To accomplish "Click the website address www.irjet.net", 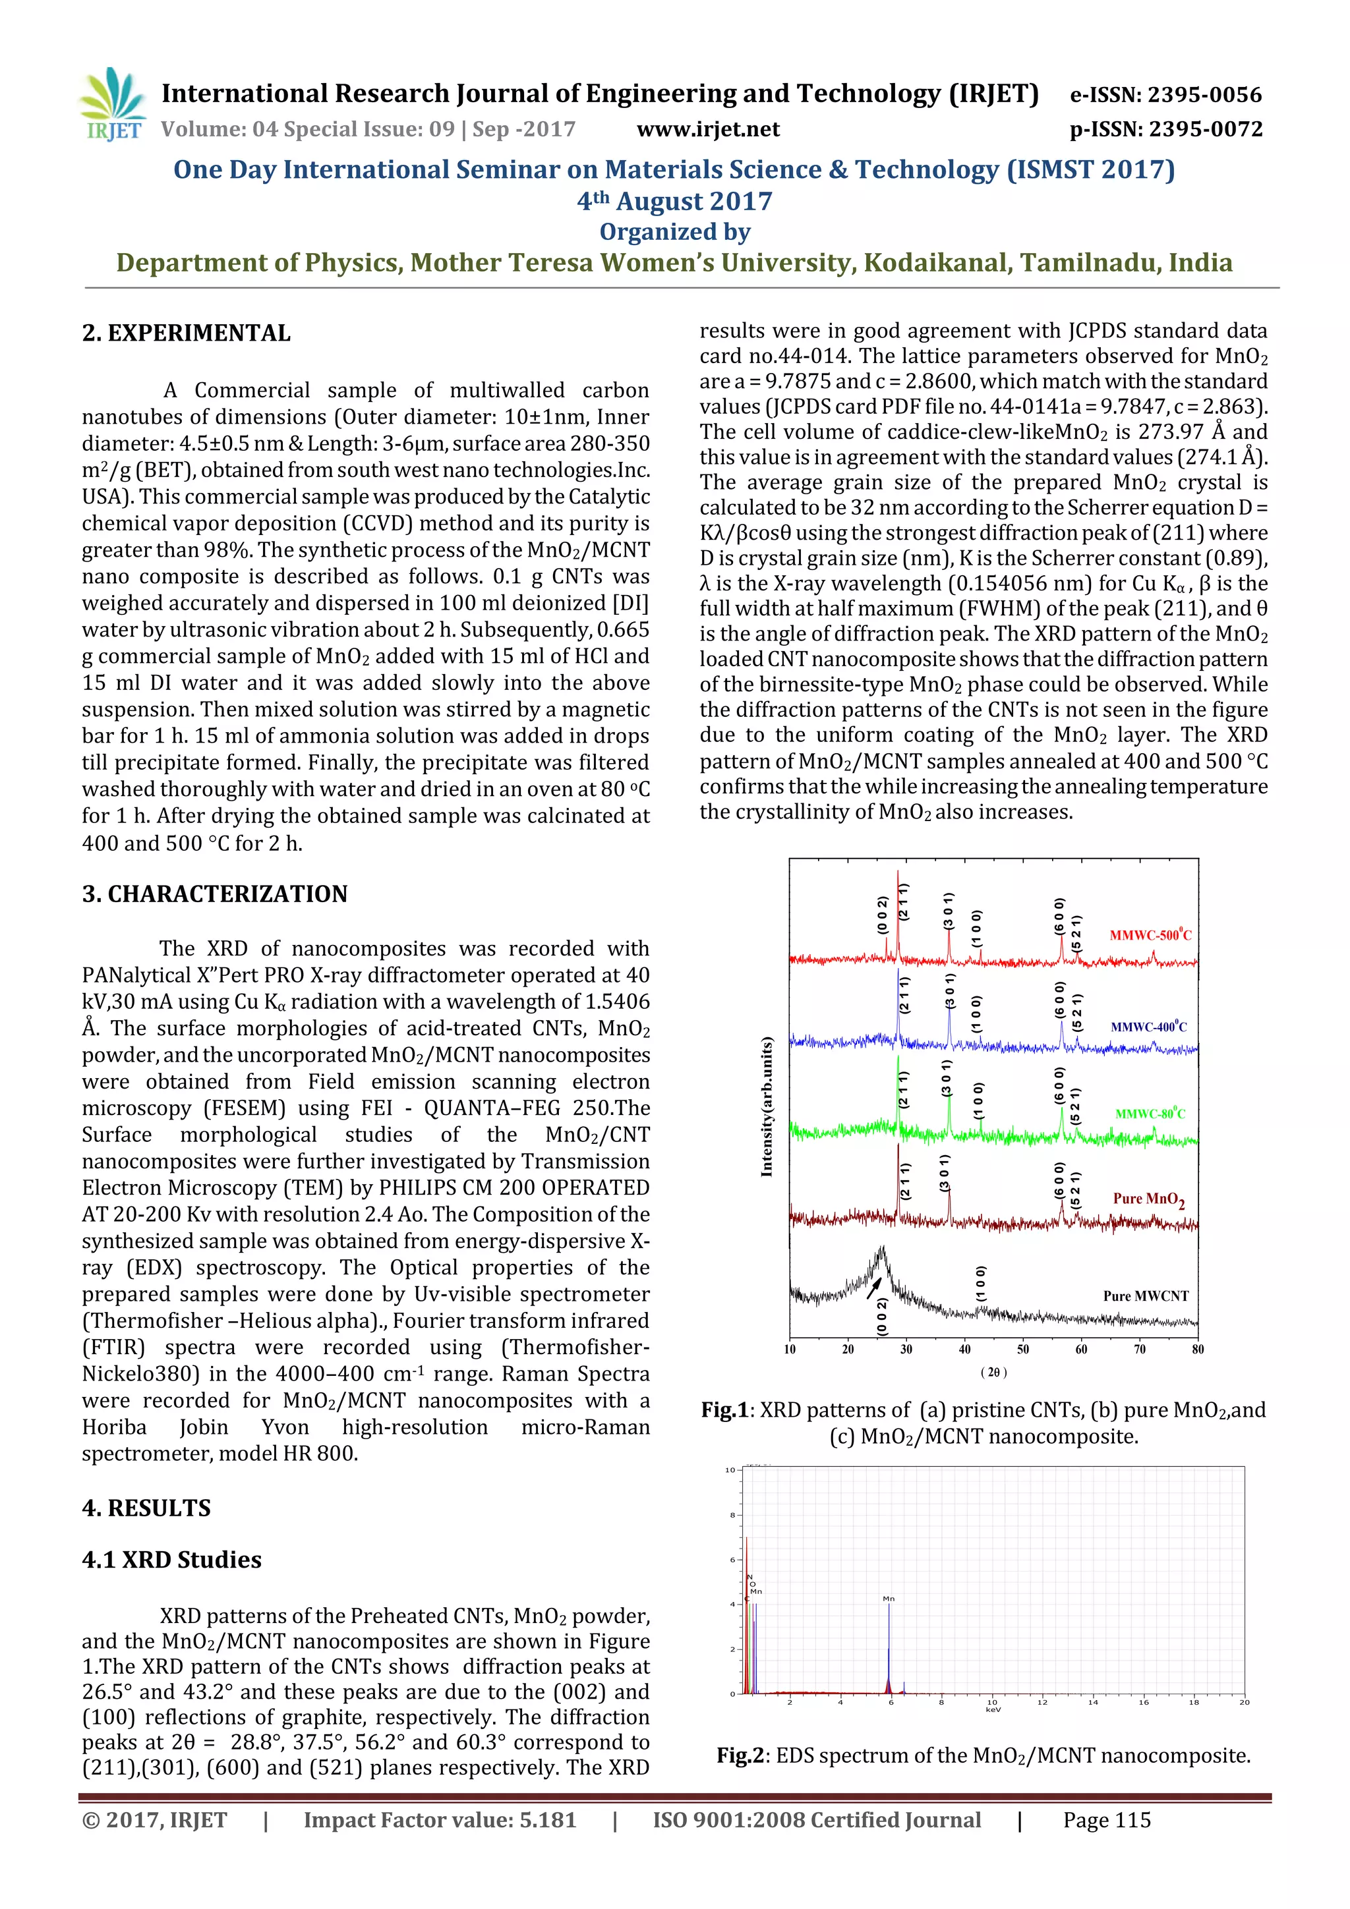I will point(707,129).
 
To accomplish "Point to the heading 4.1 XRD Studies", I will point(171,1560).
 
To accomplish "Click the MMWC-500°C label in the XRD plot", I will point(1150,934).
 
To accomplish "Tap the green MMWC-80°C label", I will point(1150,1113).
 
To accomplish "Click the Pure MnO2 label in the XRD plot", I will point(1148,1199).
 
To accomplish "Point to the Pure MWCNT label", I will point(1146,1296).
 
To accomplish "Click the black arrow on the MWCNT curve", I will point(873,1287).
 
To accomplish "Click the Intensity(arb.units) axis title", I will point(766,1106).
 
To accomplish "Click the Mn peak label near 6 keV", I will point(889,1598).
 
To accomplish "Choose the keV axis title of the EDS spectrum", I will point(992,1709).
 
